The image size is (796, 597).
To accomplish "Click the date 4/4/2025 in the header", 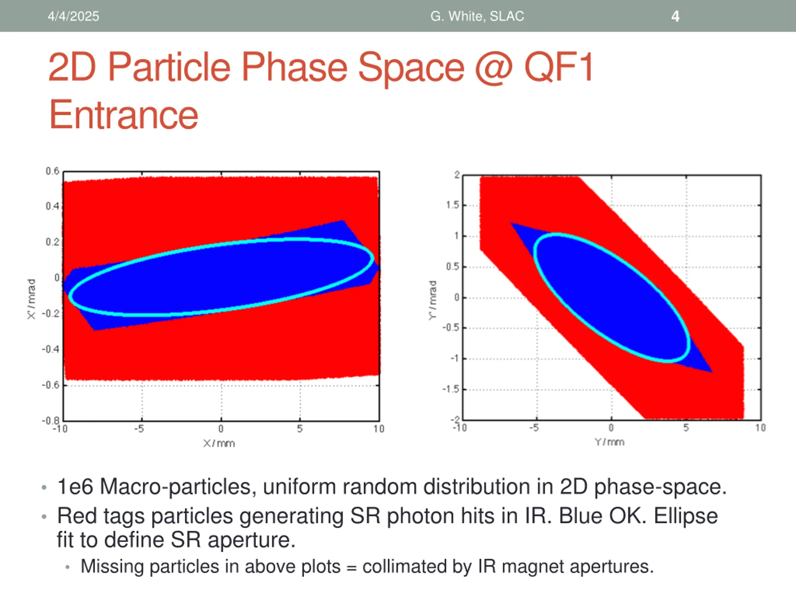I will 73,16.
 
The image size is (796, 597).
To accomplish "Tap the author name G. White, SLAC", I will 477,16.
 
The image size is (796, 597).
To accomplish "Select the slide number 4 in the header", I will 675,16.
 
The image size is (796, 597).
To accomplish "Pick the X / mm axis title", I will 219,443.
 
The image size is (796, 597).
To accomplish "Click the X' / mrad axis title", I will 32,299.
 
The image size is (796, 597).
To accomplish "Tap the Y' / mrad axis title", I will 433,300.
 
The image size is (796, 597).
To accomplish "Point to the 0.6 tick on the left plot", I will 53,171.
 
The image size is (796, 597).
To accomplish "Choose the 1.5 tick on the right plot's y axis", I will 452,205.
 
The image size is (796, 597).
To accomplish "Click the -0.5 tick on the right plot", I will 451,328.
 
